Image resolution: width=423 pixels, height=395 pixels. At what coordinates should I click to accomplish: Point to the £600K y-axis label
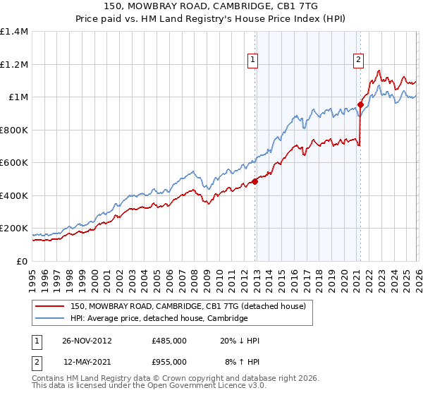pyautogui.click(x=14, y=163)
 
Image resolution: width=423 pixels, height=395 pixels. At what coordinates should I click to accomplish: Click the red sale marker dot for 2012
pyautogui.click(x=255, y=181)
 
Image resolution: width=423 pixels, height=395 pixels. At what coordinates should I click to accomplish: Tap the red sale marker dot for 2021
pyautogui.click(x=360, y=104)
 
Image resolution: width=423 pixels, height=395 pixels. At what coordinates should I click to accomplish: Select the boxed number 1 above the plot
pyautogui.click(x=252, y=61)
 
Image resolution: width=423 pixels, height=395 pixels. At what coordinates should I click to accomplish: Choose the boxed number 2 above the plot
pyautogui.click(x=358, y=61)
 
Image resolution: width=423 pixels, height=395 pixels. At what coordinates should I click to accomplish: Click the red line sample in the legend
pyautogui.click(x=49, y=306)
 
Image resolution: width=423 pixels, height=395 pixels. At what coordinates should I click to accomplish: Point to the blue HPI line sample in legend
pyautogui.click(x=49, y=319)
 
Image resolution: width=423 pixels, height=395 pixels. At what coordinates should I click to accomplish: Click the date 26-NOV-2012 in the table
pyautogui.click(x=87, y=341)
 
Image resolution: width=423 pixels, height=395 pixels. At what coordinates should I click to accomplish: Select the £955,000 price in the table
pyautogui.click(x=168, y=362)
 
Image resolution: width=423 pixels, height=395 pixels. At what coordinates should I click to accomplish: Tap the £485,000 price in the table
pyautogui.click(x=168, y=341)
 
